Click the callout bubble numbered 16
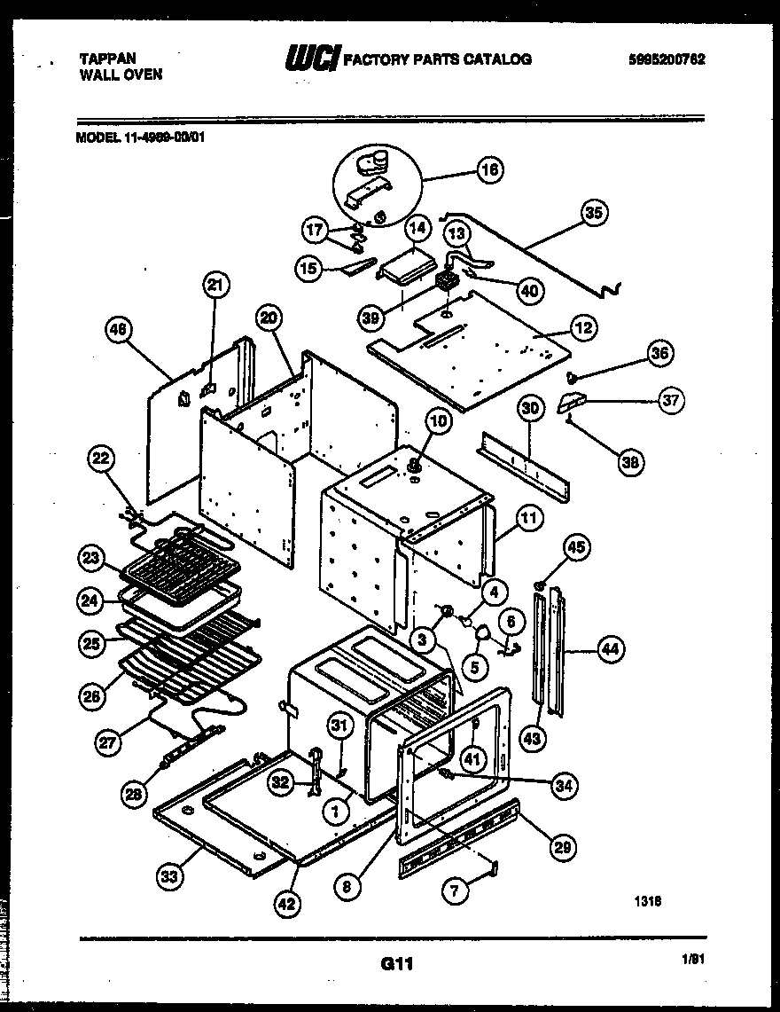click(x=489, y=169)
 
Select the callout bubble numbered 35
click(x=595, y=212)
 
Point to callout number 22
click(x=102, y=459)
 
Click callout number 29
click(x=562, y=846)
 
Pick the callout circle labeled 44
click(x=609, y=649)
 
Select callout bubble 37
click(x=671, y=400)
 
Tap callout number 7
click(x=456, y=892)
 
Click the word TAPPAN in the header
click(x=108, y=59)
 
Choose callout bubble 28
click(x=134, y=796)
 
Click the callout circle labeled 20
click(x=270, y=318)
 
